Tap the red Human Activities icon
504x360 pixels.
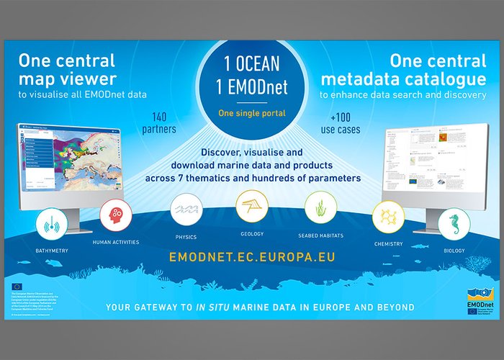(116, 216)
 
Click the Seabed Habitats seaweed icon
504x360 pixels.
(320, 209)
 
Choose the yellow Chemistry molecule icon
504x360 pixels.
(387, 217)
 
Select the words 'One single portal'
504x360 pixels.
(251, 112)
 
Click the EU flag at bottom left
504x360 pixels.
(17, 286)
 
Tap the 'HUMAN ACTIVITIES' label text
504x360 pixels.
(116, 242)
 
